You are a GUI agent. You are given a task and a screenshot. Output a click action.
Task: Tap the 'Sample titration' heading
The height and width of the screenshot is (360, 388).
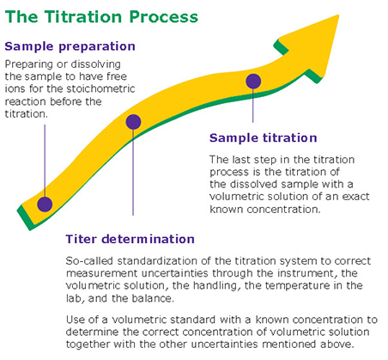coord(264,137)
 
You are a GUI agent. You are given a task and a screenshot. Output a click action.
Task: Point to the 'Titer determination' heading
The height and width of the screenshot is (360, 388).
coord(130,239)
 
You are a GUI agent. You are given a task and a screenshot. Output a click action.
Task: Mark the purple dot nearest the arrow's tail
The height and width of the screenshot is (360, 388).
coord(45,204)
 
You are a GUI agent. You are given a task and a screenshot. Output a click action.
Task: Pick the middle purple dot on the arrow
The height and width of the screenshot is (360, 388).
coord(133,122)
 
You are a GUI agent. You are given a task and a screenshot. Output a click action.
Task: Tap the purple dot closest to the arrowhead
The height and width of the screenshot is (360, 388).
coord(253,82)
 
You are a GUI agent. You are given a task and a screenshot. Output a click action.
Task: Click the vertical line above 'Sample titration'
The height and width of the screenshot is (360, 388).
coord(253,107)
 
